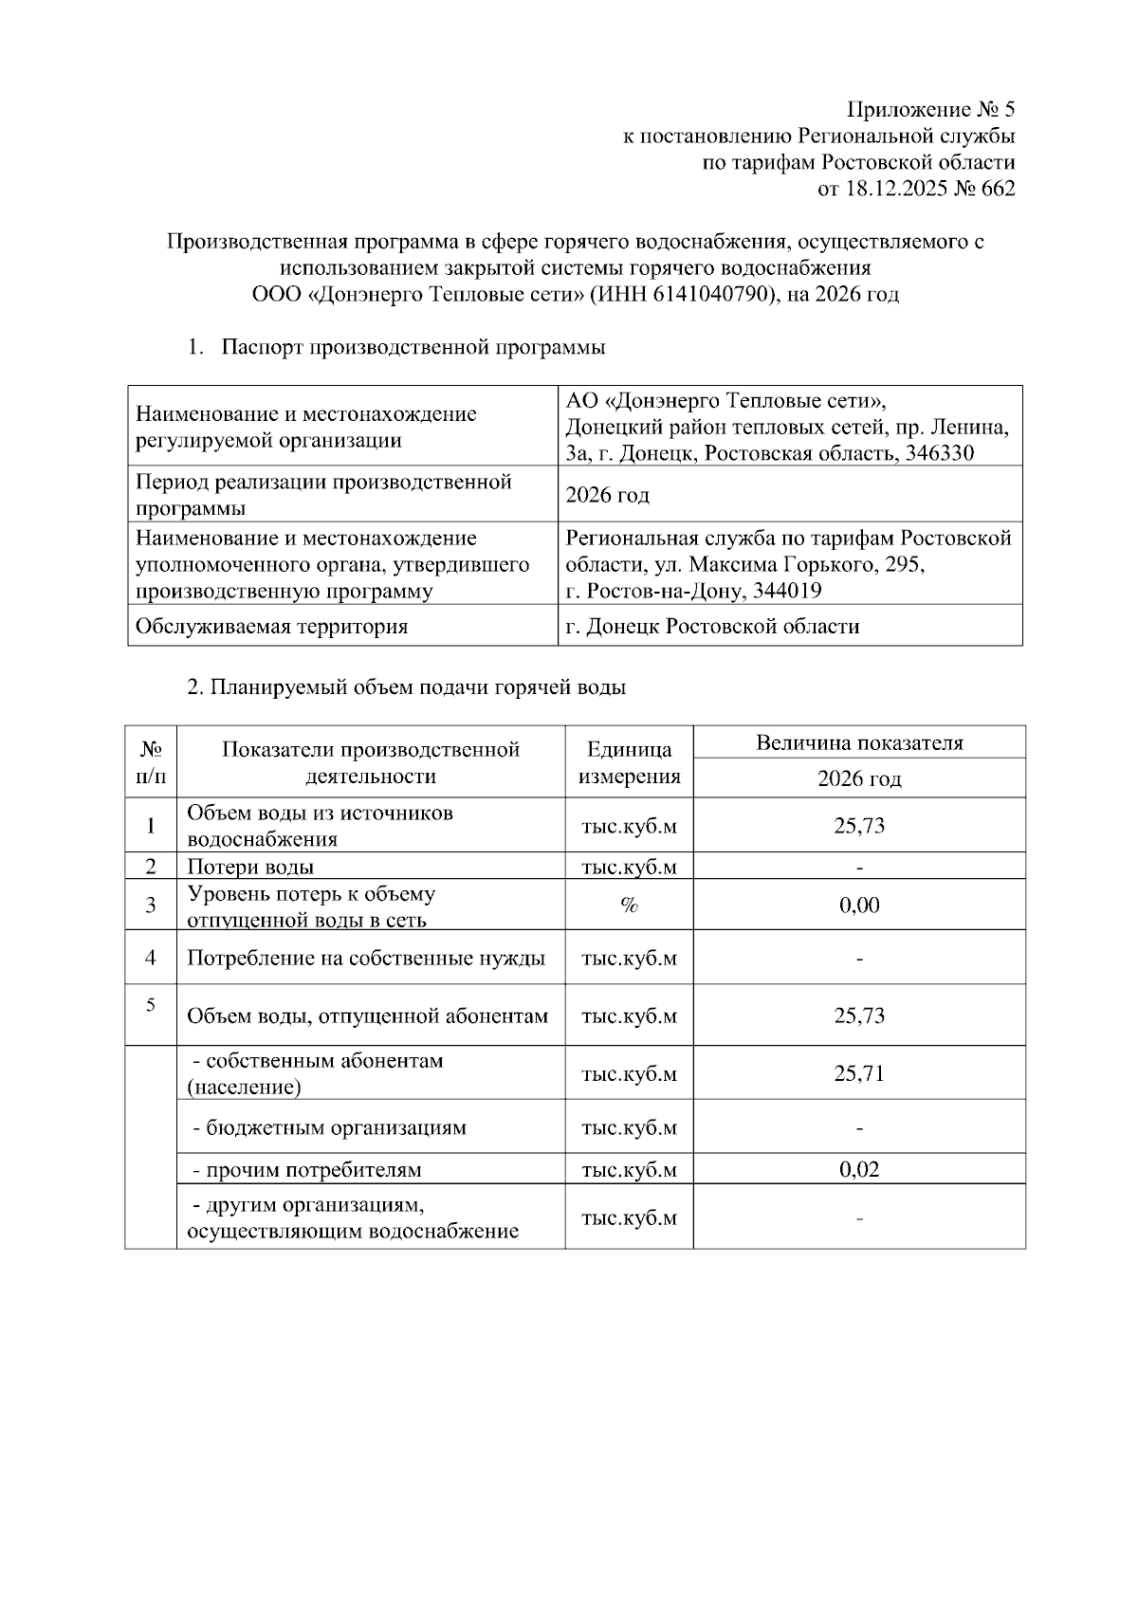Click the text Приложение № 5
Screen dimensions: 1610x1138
click(x=930, y=109)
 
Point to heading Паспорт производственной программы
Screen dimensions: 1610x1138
click(x=413, y=347)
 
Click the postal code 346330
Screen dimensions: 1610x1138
click(x=939, y=453)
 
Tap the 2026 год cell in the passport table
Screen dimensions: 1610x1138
click(x=608, y=495)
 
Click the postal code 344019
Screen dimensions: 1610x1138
click(x=783, y=591)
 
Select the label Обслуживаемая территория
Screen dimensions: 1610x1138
click(x=271, y=627)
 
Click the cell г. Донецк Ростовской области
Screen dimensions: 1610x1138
click(x=712, y=627)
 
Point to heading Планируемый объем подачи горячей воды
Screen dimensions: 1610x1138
click(x=407, y=687)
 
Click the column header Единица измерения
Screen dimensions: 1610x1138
click(x=629, y=762)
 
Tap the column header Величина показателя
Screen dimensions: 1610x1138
click(x=859, y=742)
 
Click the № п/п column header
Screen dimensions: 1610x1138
click(x=151, y=762)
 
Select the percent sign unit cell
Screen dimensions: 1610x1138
click(x=629, y=906)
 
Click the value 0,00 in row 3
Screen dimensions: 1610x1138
click(x=859, y=906)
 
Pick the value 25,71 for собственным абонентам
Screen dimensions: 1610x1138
click(x=859, y=1073)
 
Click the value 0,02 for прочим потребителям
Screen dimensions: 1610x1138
click(x=859, y=1169)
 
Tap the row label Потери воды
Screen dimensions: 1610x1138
click(x=250, y=867)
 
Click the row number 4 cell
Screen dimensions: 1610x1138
click(x=151, y=958)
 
